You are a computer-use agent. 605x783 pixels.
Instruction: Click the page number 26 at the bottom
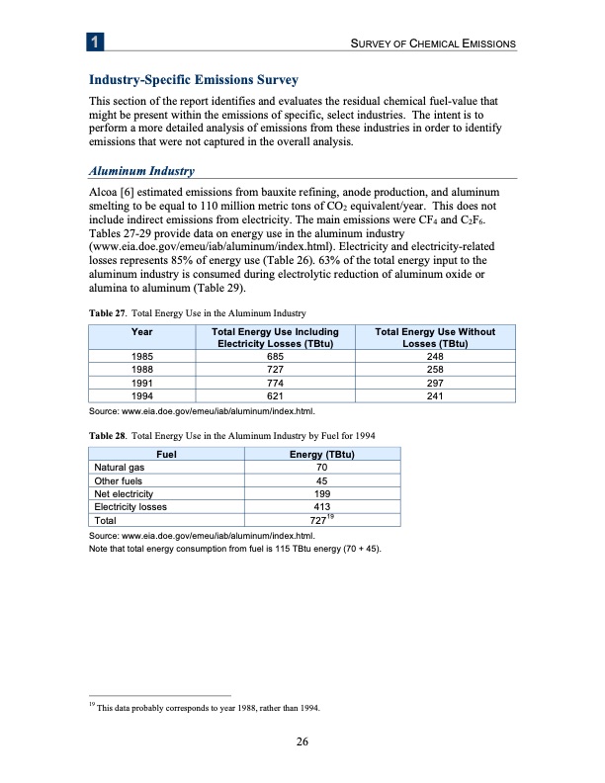pyautogui.click(x=302, y=743)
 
